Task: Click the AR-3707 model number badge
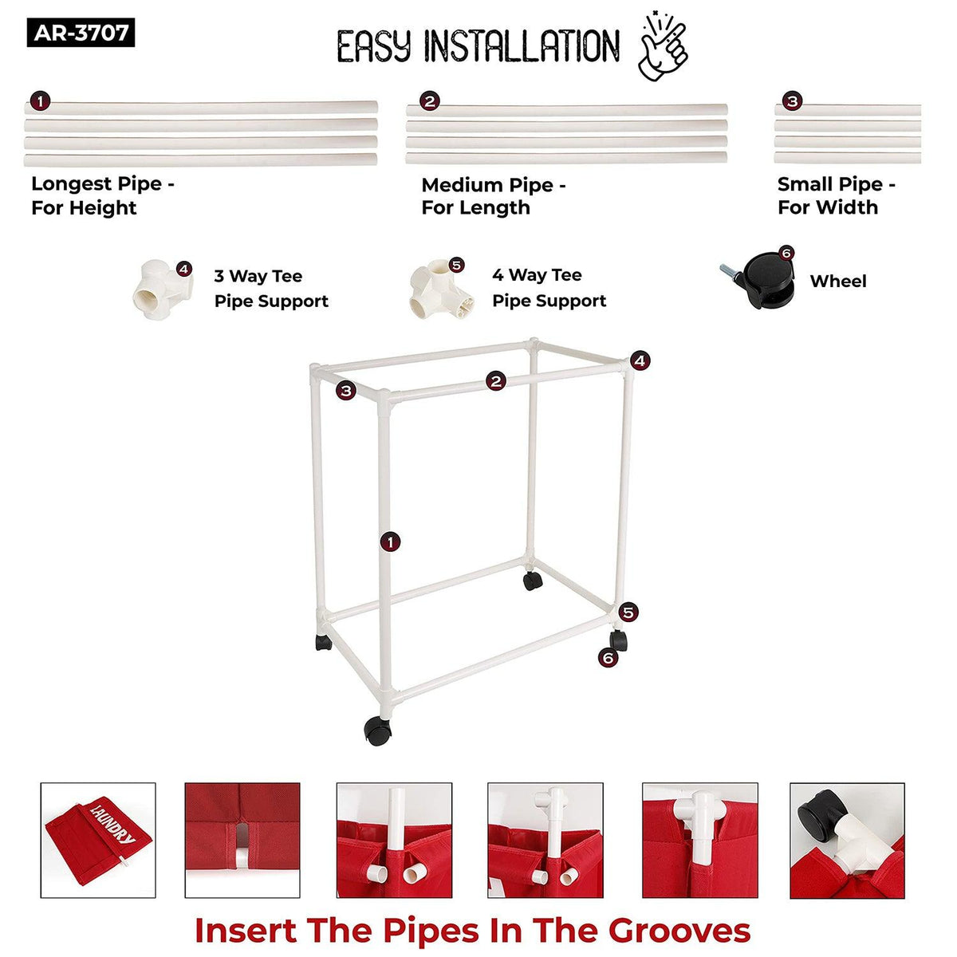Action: coord(81,33)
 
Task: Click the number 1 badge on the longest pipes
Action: coord(40,101)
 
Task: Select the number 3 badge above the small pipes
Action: coord(792,101)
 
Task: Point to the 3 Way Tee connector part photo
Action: coord(163,290)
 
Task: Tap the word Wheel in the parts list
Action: coord(838,281)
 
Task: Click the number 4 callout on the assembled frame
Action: coord(640,360)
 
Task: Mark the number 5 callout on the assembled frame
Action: coord(628,612)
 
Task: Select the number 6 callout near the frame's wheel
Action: coord(608,658)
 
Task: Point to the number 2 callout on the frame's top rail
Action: coord(495,381)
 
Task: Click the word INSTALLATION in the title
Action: coord(522,46)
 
